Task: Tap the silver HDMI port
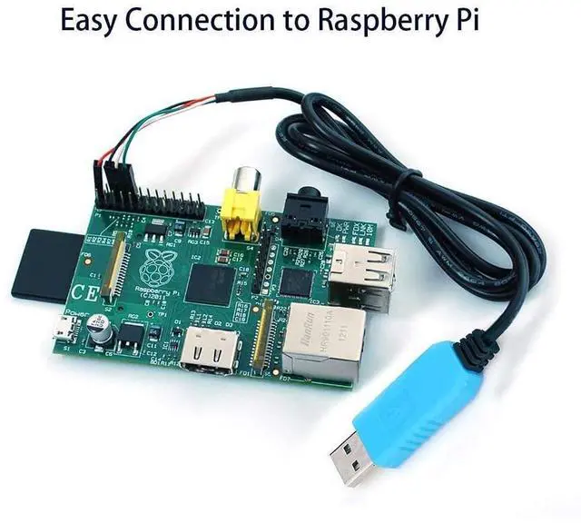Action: (x=206, y=350)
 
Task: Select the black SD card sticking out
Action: (x=41, y=263)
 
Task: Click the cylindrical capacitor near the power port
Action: (x=105, y=334)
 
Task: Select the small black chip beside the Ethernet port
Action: (x=296, y=281)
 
